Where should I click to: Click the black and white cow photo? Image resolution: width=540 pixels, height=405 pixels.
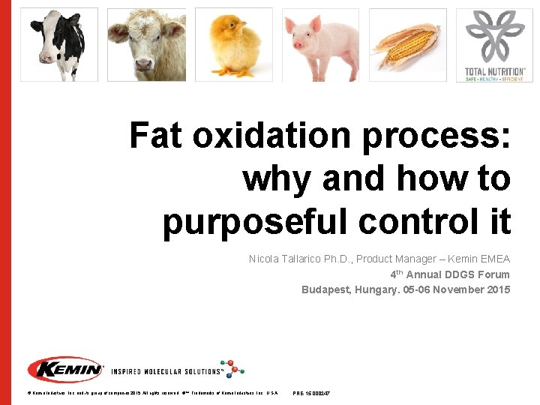click(x=58, y=44)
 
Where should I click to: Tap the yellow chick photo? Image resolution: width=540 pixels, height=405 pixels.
click(x=233, y=44)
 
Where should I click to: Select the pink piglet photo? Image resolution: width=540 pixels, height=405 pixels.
click(x=321, y=44)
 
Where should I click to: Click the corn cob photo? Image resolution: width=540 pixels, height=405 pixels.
click(x=408, y=44)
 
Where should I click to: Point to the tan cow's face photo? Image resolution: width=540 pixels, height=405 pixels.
click(x=146, y=44)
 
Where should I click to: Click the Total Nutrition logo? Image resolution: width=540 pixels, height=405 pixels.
click(x=495, y=44)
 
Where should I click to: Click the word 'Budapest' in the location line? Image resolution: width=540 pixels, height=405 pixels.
click(x=325, y=289)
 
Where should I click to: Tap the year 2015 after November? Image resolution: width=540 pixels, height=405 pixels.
click(x=497, y=289)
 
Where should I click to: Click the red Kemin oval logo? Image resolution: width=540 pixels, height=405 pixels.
click(x=65, y=370)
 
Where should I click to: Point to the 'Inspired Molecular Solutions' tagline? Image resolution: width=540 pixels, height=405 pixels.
click(x=166, y=371)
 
